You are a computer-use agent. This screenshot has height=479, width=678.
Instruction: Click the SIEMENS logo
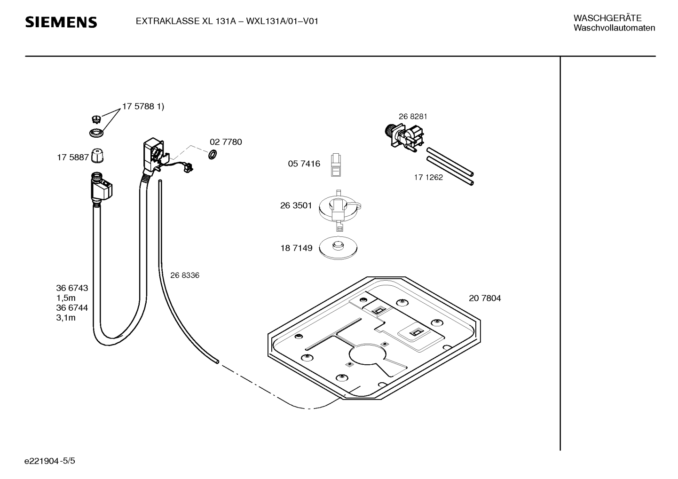coord(61,22)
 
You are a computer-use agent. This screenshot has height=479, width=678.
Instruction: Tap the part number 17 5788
coord(138,106)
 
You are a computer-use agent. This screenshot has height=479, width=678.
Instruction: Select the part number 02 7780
coord(226,142)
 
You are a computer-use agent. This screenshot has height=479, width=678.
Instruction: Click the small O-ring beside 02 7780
coord(213,154)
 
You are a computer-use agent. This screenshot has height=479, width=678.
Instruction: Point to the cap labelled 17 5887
coord(97,156)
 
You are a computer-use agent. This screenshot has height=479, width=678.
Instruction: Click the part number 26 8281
coord(412,117)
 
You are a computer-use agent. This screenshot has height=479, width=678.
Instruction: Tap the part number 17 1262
coord(428,177)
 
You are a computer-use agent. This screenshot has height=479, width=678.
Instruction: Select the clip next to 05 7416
coord(336,165)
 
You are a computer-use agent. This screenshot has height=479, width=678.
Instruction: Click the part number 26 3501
coord(296,205)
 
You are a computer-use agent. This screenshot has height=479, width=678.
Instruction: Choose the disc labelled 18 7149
coord(338,248)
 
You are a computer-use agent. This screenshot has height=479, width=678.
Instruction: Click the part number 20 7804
coord(485,298)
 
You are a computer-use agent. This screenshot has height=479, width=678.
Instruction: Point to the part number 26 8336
coord(185,275)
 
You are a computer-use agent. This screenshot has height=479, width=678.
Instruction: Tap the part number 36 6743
coord(72,288)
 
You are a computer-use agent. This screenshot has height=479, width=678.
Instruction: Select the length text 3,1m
coord(66,318)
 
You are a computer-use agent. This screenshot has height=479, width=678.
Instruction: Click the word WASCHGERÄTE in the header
coord(607,18)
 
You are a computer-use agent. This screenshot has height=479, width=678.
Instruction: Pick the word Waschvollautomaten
coord(614,28)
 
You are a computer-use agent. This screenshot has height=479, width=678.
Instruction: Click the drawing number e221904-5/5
coord(50,461)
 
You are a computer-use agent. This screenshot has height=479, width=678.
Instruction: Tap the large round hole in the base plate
coord(368,354)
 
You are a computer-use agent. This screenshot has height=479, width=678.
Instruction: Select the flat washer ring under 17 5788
coord(96,133)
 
